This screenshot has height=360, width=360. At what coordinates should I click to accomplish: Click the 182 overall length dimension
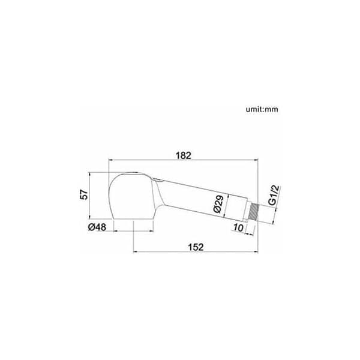pyautogui.click(x=183, y=155)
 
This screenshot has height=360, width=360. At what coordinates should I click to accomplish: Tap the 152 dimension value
pyautogui.click(x=196, y=247)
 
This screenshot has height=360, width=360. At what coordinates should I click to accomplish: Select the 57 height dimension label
pyautogui.click(x=84, y=194)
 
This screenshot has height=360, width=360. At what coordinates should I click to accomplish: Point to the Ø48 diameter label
pyautogui.click(x=97, y=227)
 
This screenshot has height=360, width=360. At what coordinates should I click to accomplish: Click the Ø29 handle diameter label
pyautogui.click(x=218, y=203)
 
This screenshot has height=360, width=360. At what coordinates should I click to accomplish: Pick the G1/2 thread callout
pyautogui.click(x=274, y=195)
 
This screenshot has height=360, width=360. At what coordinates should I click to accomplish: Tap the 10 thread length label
pyautogui.click(x=238, y=228)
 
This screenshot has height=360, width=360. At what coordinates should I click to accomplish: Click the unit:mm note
pyautogui.click(x=262, y=109)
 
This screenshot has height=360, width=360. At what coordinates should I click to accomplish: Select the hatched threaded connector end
pyautogui.click(x=253, y=213)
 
